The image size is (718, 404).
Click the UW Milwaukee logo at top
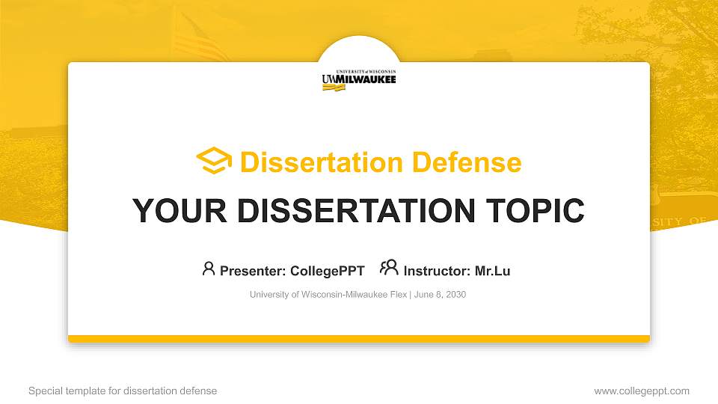(x=359, y=79)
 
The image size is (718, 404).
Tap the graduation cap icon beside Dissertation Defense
(x=214, y=161)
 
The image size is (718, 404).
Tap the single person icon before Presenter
(x=209, y=269)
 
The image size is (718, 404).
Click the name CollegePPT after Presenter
(x=327, y=271)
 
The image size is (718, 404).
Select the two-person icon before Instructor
(x=389, y=268)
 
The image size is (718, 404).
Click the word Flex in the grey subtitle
(x=398, y=295)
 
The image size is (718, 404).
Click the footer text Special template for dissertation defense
(x=123, y=391)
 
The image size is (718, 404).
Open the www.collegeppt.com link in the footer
(x=642, y=391)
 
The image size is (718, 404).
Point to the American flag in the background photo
(x=200, y=37)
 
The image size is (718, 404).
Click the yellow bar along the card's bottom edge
(x=359, y=339)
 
